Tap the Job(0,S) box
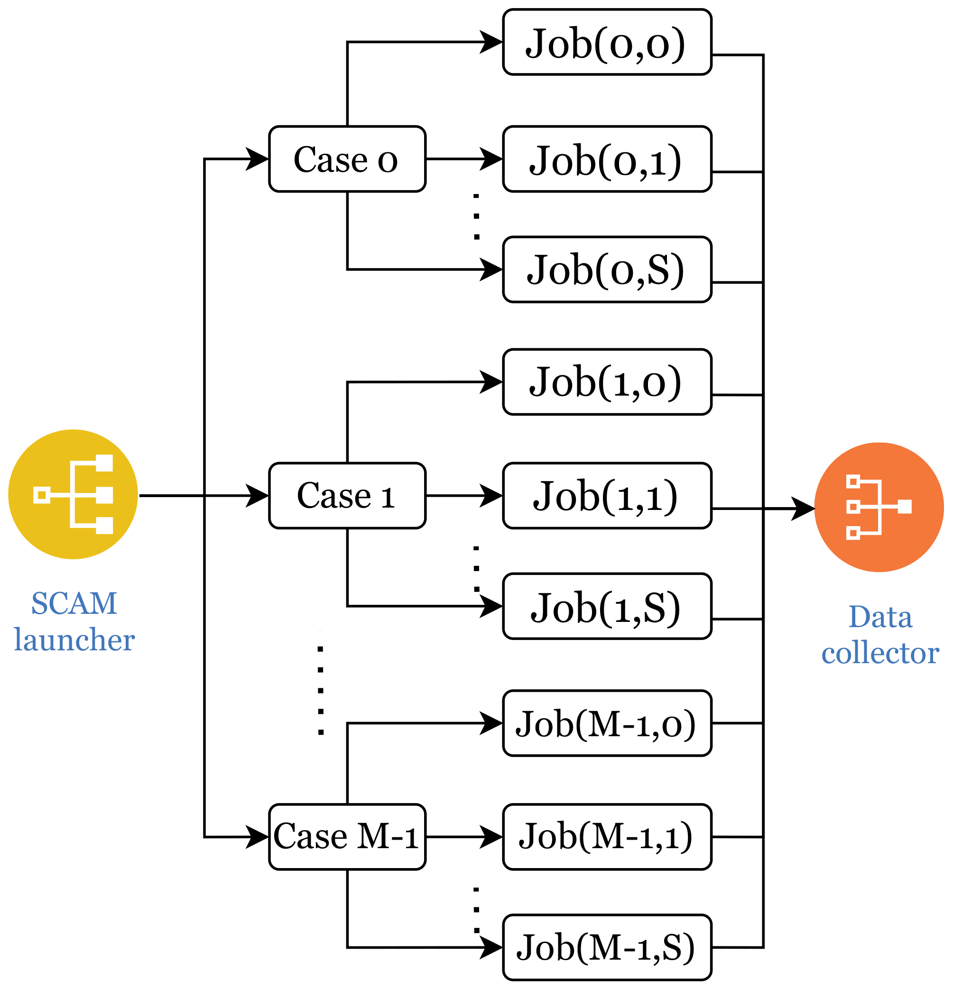point(607,270)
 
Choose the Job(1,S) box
point(607,607)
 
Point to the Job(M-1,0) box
point(607,723)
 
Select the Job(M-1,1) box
point(607,837)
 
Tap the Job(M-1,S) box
point(607,948)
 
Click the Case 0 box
point(347,159)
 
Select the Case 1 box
point(347,496)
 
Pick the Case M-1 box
point(347,837)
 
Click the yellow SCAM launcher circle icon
point(73,494)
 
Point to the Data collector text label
point(880,635)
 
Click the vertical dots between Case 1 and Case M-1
point(321,690)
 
